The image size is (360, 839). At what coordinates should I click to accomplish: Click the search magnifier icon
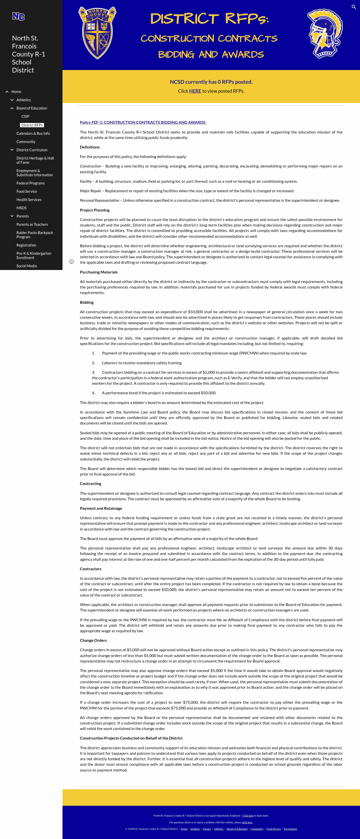coord(353,7)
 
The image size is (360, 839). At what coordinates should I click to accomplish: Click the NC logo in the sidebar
coord(18,16)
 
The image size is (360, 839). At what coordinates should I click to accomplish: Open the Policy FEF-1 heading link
coord(143,122)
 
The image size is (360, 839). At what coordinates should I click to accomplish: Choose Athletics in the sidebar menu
coord(23,100)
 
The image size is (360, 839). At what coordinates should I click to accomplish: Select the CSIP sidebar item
coord(25,116)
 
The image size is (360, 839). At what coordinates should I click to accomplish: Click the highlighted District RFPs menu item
coord(32,125)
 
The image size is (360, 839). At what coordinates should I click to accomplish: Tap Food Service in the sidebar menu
coord(27,191)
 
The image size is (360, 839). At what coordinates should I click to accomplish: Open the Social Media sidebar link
coord(26,266)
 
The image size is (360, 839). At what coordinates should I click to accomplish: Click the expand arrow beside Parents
coord(12,216)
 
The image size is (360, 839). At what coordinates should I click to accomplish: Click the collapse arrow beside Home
coord(7,92)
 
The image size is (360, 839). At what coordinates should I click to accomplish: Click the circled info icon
coord(71,261)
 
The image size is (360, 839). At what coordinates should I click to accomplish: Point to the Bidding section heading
coord(87,302)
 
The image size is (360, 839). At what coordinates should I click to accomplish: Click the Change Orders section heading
coord(93,640)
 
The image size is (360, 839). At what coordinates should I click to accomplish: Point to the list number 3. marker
coord(93,372)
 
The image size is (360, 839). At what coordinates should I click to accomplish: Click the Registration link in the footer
coord(290,829)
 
